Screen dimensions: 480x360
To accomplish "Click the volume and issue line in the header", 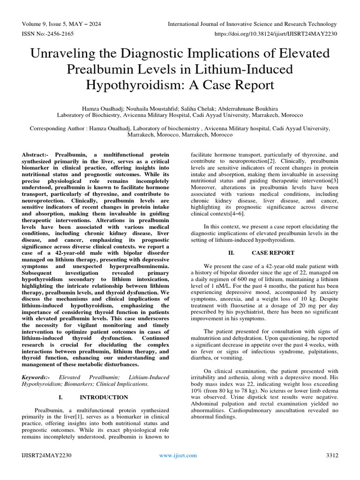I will [x=61, y=24].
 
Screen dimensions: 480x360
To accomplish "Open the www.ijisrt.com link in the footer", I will [x=179, y=455].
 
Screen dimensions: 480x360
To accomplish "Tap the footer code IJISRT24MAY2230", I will [x=45, y=455].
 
